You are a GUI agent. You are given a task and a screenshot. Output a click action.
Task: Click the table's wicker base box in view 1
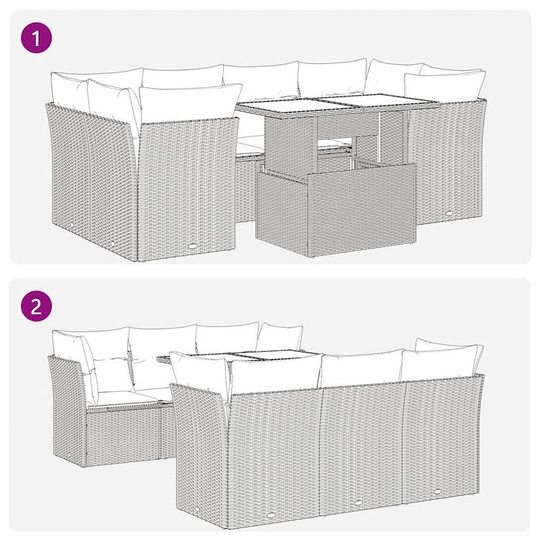tap(336, 212)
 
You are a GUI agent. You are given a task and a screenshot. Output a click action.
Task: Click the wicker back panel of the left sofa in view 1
tap(185, 181)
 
